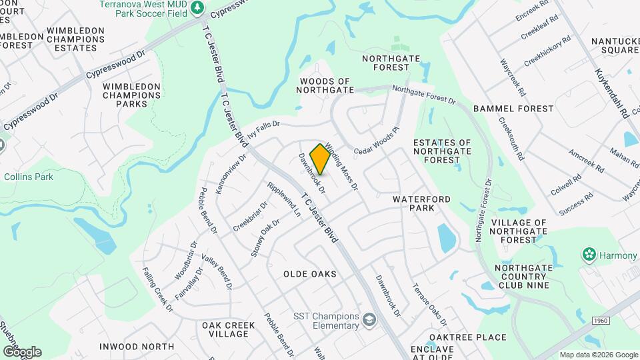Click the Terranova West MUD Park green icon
(x=197, y=7)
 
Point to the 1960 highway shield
(x=599, y=321)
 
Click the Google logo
(x=21, y=351)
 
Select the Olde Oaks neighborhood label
(x=309, y=274)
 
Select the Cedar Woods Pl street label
(x=376, y=141)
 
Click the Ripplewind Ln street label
(x=284, y=199)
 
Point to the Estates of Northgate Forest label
(x=442, y=151)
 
